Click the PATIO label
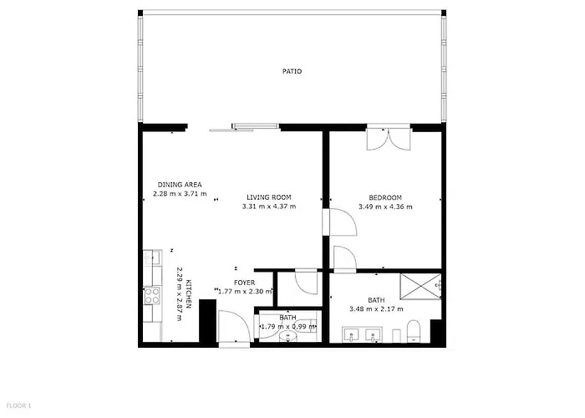click(292, 72)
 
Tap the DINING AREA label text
click(180, 185)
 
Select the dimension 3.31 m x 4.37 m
click(268, 206)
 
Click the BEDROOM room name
click(385, 197)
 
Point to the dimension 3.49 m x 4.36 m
click(385, 206)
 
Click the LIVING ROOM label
click(268, 197)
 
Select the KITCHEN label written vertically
click(190, 294)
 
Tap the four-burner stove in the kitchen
click(153, 295)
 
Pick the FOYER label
click(244, 283)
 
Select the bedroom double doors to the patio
click(388, 139)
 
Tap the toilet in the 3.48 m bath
click(413, 331)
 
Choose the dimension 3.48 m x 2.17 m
click(376, 309)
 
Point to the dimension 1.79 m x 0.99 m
click(287, 326)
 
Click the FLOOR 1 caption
click(16, 406)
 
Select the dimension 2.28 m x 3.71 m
click(179, 194)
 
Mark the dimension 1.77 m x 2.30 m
click(244, 292)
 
